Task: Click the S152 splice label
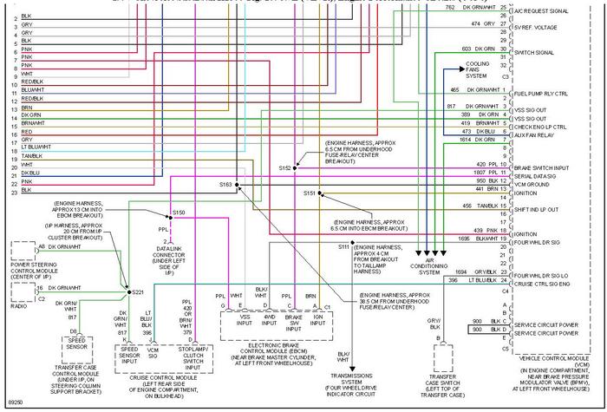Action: click(x=285, y=167)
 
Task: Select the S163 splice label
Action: click(x=226, y=185)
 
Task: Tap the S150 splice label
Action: click(x=178, y=212)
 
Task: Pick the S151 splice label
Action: click(x=310, y=193)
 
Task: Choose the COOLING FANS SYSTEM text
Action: click(x=478, y=69)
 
